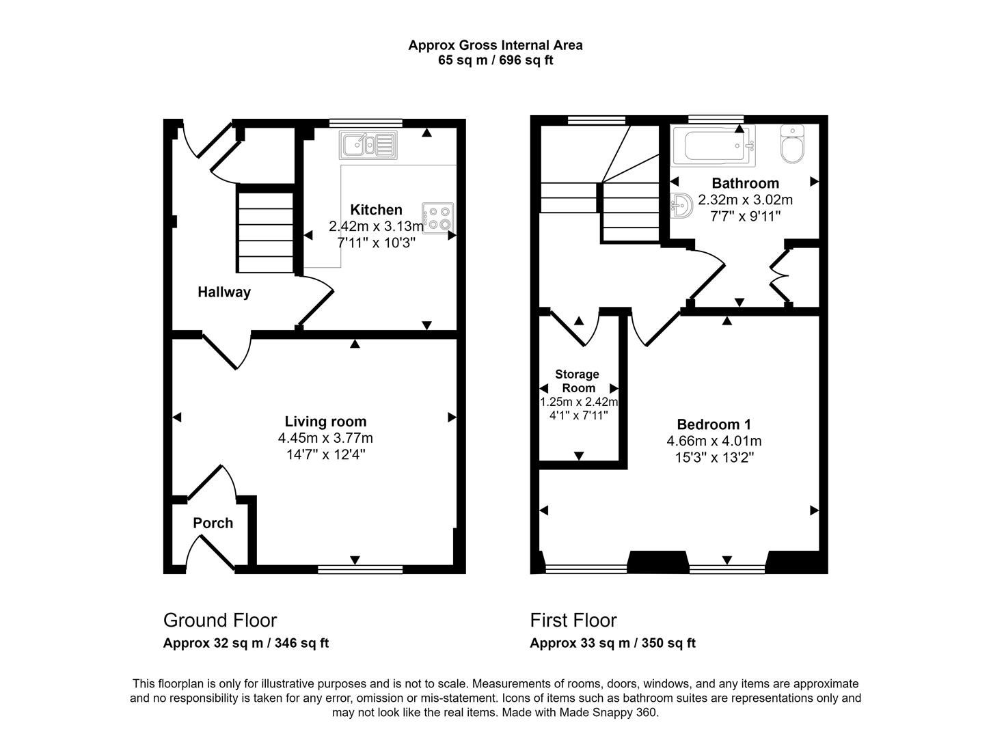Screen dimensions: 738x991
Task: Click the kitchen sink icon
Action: tap(368, 145)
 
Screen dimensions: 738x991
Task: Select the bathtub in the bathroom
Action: tap(713, 146)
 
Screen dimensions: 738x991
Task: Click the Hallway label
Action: tap(224, 292)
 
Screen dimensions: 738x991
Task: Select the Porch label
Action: tap(213, 523)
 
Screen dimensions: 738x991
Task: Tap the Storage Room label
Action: tap(577, 381)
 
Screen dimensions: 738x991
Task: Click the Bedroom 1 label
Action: tap(714, 424)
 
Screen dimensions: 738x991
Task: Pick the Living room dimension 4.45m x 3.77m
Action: tap(325, 439)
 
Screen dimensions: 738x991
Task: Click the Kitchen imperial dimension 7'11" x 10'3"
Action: tap(376, 243)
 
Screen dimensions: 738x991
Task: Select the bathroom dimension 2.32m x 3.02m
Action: tap(745, 200)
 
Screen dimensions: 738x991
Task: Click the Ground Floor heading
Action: tap(220, 620)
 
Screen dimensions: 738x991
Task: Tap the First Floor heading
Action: tap(573, 620)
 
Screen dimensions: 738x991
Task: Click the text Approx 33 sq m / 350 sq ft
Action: tap(612, 644)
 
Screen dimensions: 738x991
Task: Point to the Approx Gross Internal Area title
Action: tap(495, 46)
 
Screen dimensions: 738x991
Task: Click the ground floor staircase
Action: tap(265, 231)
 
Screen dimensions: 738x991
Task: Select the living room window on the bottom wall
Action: tap(360, 569)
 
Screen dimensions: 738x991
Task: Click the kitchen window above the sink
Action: tap(365, 124)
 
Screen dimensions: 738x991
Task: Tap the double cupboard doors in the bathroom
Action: tap(780, 276)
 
